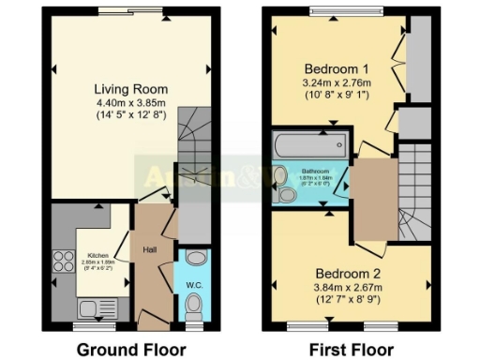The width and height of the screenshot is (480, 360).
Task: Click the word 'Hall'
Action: tap(150, 250)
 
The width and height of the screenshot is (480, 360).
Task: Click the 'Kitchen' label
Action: tap(99, 254)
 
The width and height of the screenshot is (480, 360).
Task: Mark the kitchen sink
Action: tap(91, 306)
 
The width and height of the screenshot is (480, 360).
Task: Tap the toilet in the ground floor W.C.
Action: tap(194, 302)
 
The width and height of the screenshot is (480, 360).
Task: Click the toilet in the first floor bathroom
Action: tap(285, 194)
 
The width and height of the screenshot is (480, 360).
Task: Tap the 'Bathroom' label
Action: tap(315, 172)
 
